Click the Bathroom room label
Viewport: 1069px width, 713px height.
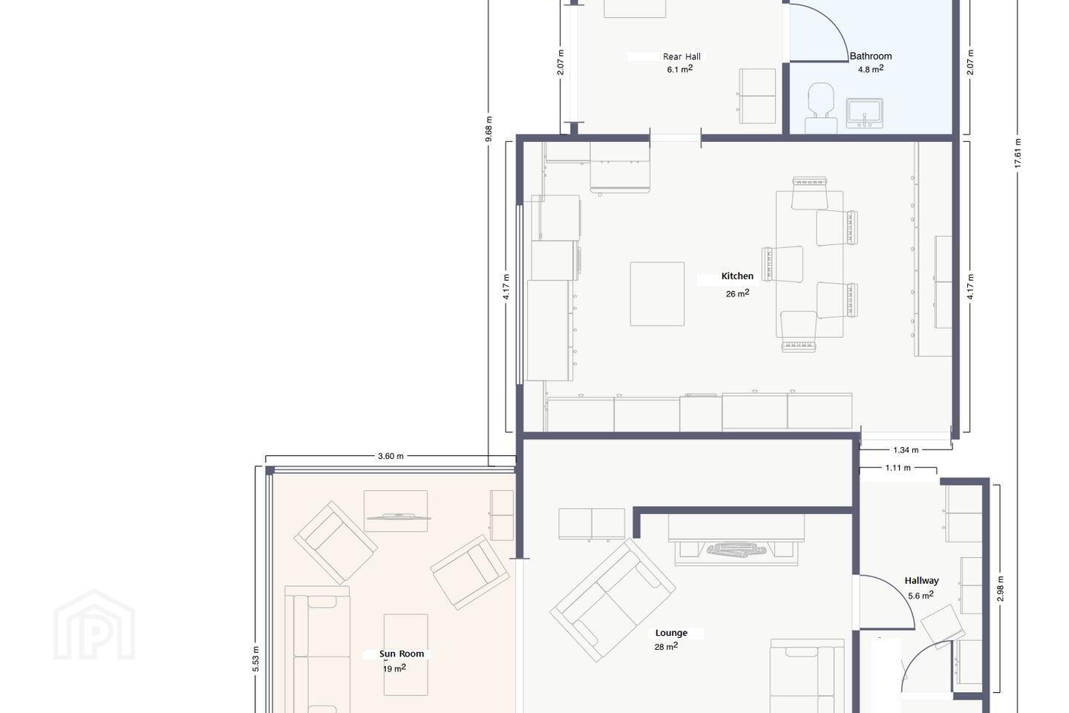(x=871, y=56)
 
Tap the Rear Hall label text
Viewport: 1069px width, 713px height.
(x=681, y=56)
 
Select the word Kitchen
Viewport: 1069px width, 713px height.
(x=737, y=276)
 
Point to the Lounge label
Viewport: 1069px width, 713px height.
(x=671, y=633)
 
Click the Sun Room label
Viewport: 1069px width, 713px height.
(x=402, y=654)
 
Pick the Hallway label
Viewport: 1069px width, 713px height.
(x=921, y=581)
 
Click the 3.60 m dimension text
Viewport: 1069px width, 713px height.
(x=390, y=456)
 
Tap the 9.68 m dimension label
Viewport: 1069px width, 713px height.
(x=488, y=129)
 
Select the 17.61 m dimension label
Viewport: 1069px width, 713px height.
(x=1018, y=153)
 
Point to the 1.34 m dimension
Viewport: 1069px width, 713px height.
(x=906, y=450)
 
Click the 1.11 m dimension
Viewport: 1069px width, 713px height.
(x=898, y=468)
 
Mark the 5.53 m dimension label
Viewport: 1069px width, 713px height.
(x=255, y=659)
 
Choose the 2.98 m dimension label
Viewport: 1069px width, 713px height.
(x=1000, y=589)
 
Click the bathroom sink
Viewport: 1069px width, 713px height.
(x=864, y=113)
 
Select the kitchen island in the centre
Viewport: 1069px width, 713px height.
(x=657, y=293)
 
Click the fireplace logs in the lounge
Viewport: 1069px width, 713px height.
(x=736, y=550)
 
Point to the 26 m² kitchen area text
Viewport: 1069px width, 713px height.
(x=737, y=293)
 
